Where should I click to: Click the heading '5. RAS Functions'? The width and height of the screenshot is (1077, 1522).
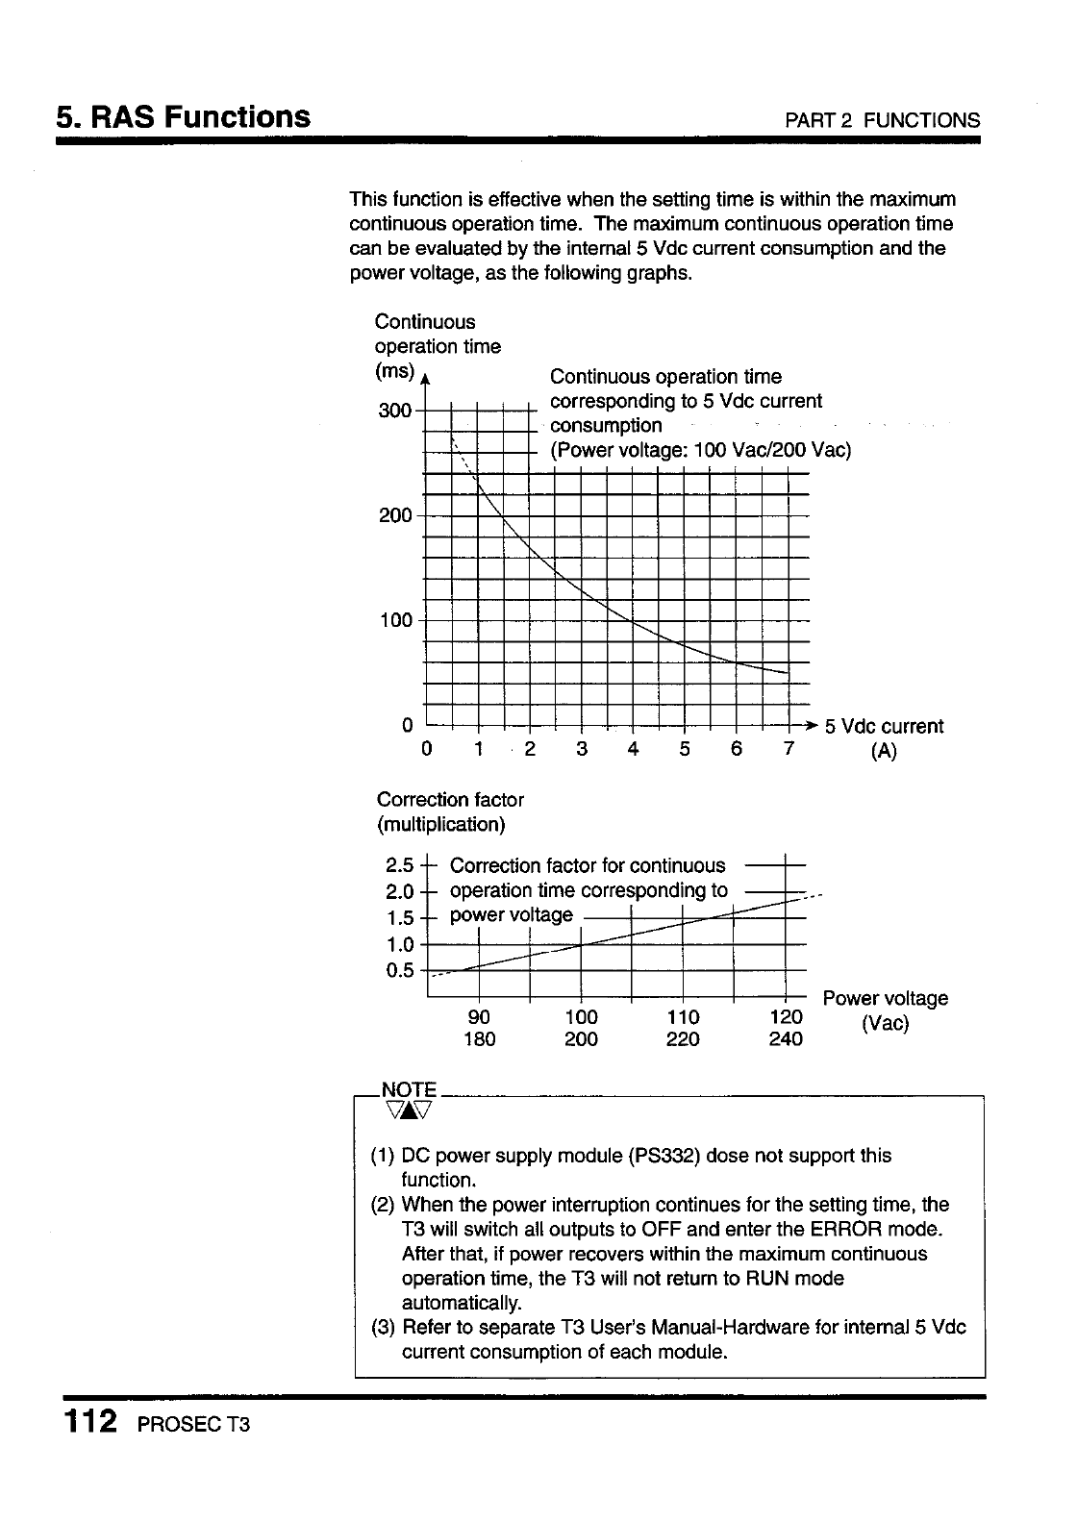tap(183, 117)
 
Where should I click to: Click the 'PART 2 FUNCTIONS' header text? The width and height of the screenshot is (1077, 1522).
tap(883, 121)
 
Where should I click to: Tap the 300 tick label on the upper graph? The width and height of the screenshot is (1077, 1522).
tap(394, 412)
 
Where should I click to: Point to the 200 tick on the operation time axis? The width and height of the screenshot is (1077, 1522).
tap(394, 515)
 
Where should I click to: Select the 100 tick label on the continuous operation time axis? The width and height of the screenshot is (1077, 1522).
tap(394, 620)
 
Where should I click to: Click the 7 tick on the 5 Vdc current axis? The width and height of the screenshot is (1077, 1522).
tap(788, 749)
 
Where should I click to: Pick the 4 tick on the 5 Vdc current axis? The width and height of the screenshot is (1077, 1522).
tap(633, 749)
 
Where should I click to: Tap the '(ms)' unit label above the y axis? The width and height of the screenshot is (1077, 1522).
tap(395, 371)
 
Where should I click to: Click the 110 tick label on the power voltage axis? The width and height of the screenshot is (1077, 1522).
tap(683, 1017)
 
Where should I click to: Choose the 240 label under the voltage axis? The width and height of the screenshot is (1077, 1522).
tap(786, 1039)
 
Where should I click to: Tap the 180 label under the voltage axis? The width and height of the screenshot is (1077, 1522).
tap(479, 1039)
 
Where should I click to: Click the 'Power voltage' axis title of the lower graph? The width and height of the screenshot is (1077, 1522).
tap(886, 998)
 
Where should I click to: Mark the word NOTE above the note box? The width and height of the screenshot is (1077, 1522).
tap(409, 1089)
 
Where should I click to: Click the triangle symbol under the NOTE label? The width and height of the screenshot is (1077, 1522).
tap(409, 1111)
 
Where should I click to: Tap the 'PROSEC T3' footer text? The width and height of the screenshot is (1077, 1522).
tap(193, 1424)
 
